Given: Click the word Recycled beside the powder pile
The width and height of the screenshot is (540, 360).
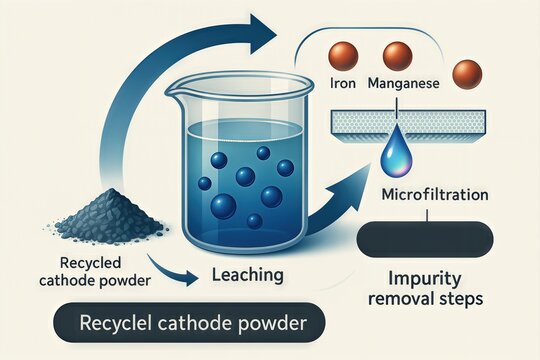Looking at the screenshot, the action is [x=67, y=262].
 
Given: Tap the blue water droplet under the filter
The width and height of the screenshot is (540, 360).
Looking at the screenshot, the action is [x=393, y=154].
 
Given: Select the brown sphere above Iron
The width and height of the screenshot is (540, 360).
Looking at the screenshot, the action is [x=344, y=56].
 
